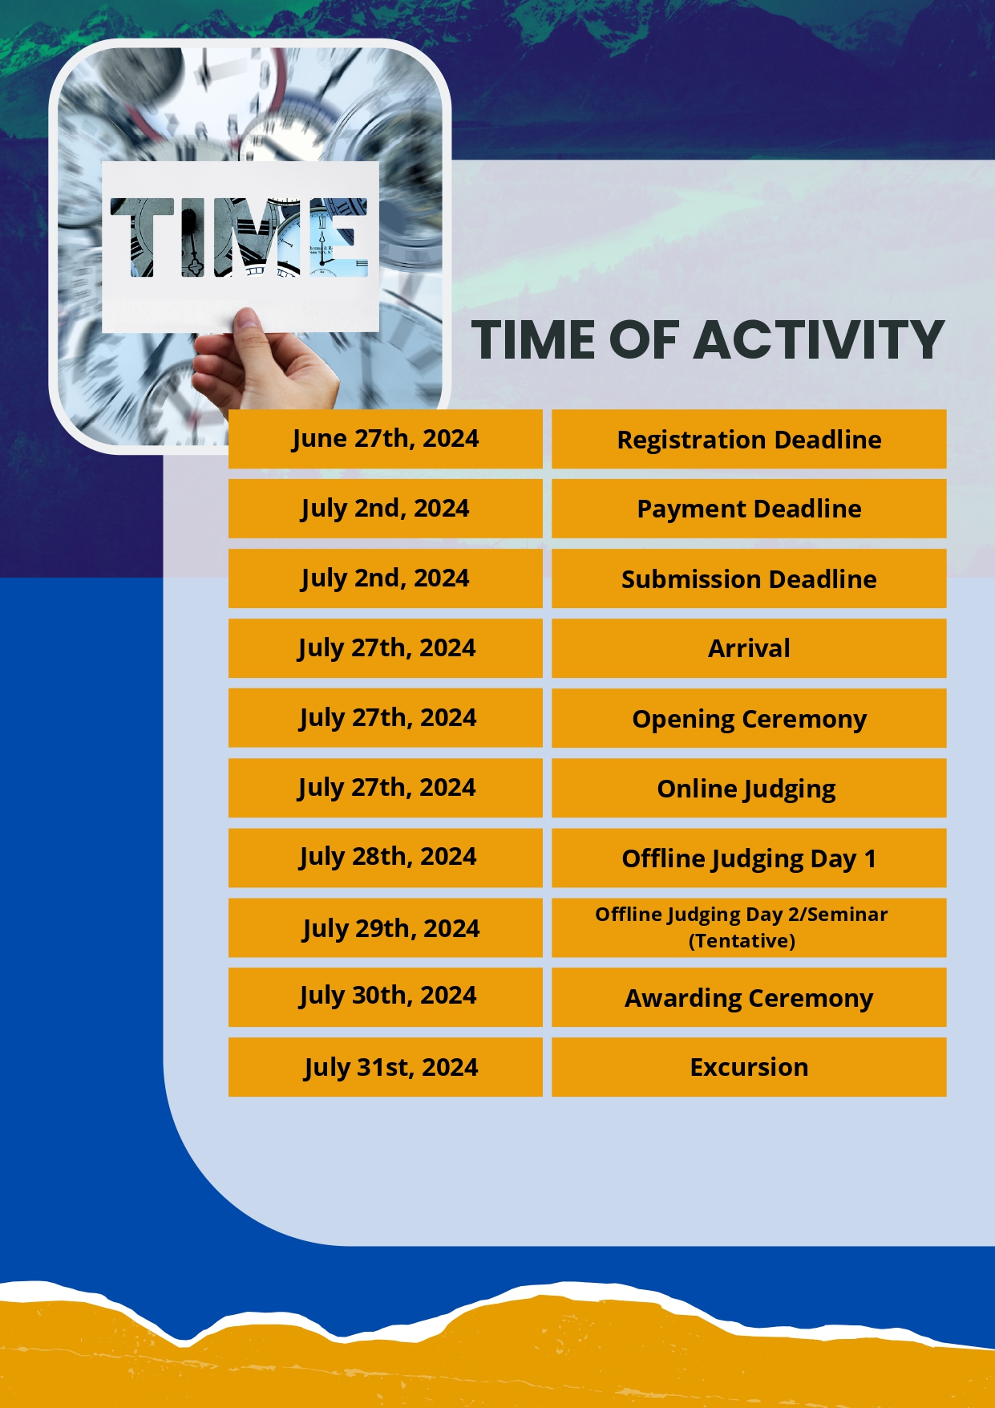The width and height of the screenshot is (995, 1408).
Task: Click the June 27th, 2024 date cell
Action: click(385, 439)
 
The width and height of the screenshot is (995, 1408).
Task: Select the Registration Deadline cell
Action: click(749, 439)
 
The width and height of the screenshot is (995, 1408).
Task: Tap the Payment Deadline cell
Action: click(749, 509)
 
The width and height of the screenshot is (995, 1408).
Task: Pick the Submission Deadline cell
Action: click(749, 578)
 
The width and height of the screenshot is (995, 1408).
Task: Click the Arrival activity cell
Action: click(749, 648)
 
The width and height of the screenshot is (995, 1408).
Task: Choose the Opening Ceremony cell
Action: click(749, 718)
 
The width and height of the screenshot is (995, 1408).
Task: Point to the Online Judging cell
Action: click(749, 788)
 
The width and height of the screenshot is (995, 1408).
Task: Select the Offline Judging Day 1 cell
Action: click(749, 858)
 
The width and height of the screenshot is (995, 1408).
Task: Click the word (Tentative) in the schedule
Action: click(742, 941)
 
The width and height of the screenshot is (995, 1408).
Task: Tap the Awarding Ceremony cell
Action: click(749, 997)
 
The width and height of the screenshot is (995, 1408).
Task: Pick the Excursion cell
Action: click(749, 1067)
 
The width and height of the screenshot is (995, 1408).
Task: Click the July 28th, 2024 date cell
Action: click(385, 858)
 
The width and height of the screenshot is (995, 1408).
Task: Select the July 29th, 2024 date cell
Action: click(385, 927)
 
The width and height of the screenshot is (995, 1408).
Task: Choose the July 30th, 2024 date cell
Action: click(385, 997)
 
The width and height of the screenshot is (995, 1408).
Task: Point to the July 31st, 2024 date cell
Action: click(385, 1067)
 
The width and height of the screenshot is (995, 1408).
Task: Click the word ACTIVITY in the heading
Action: click(819, 339)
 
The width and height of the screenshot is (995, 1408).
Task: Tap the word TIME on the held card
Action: click(239, 237)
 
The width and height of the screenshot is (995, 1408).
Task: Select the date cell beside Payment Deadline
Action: click(385, 509)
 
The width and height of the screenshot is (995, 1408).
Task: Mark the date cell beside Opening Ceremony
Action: click(385, 718)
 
